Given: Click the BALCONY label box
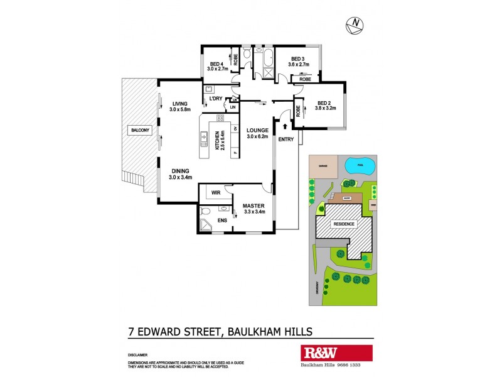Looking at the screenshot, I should coord(139,130).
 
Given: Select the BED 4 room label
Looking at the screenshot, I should coord(218,63).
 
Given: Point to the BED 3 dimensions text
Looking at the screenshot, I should coord(299,64).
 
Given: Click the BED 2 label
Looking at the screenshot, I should coord(324,104).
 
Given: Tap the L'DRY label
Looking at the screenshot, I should coord(216,98).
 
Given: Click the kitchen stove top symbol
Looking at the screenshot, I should coord(220,118).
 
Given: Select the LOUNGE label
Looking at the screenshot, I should coord(257,130).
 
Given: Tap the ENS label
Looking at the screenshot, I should coord(222,220).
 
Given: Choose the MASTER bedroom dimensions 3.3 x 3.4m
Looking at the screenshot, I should coord(255,212).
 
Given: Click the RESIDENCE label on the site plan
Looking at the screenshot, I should coord(343,224).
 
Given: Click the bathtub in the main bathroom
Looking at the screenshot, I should coord(268,61).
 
